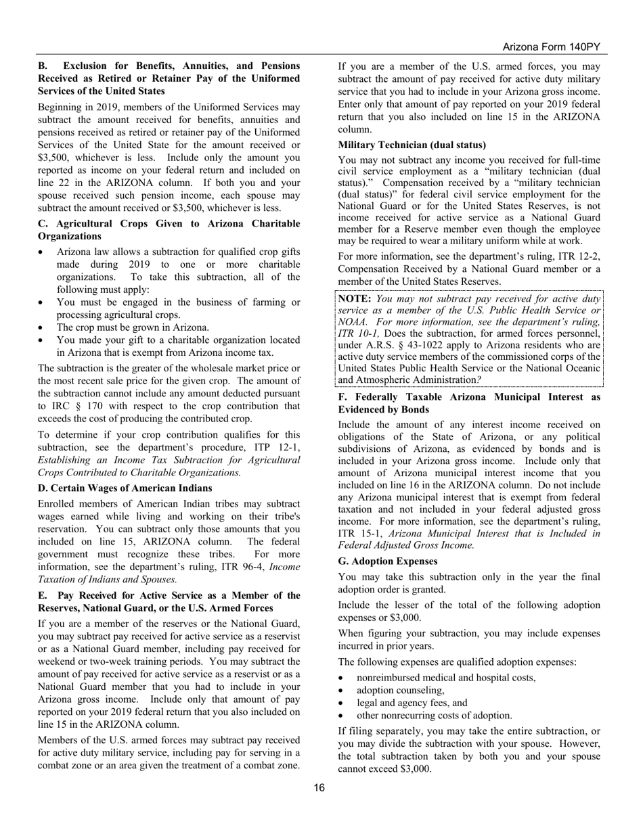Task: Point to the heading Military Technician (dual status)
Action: tap(412, 145)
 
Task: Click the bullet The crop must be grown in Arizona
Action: tap(133, 327)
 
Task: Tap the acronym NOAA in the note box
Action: tap(353, 321)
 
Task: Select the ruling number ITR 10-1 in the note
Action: tap(359, 333)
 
